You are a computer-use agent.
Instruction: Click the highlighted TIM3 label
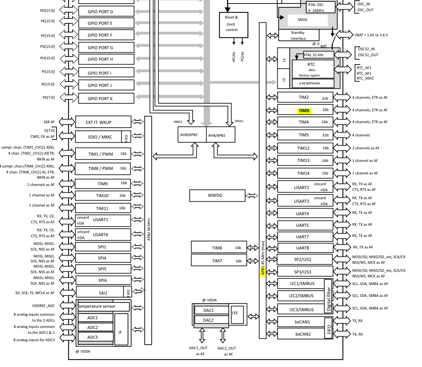coord(304,111)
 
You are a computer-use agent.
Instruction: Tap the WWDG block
coord(217,195)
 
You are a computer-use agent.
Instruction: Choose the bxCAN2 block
coord(303,334)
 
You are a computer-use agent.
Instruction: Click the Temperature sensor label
coord(97,306)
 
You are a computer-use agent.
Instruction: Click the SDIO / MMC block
coord(100,137)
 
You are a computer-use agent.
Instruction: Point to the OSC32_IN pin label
coord(366,49)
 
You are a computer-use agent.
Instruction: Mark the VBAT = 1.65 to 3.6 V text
coord(371,35)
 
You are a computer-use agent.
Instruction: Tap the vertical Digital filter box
coord(328,296)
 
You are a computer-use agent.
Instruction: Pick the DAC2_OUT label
coord(227,348)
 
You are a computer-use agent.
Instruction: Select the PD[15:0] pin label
coord(47,10)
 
